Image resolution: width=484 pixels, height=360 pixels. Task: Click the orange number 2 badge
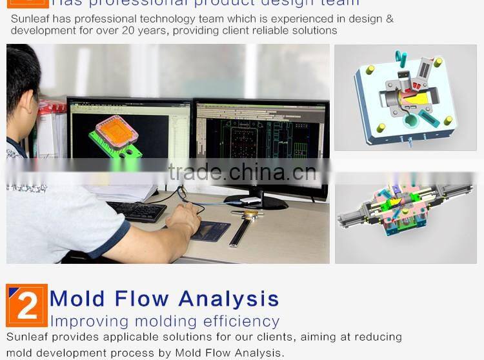[26, 305]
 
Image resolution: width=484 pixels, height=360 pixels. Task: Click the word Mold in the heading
[76, 299]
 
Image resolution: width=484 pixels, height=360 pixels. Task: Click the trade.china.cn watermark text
[241, 172]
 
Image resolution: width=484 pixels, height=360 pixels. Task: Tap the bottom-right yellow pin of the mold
[448, 121]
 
